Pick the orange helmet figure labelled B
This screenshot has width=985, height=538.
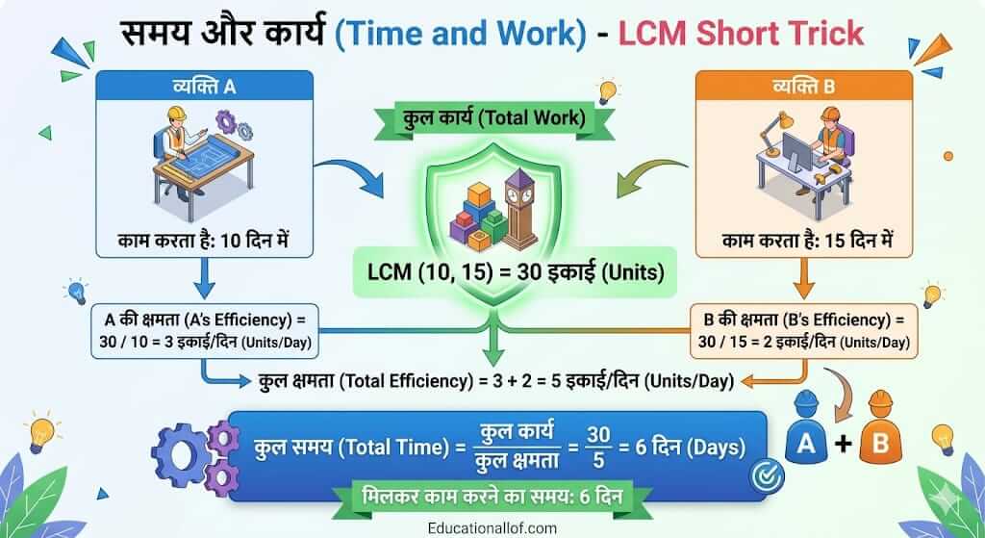coord(878,432)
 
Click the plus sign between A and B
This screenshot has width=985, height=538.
coord(841,445)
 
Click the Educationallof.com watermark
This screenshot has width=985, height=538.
coord(492,528)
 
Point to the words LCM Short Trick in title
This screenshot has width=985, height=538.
coord(741,35)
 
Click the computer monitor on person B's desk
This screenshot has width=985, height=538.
coord(797,150)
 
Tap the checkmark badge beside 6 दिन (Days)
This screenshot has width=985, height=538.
coord(766,473)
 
